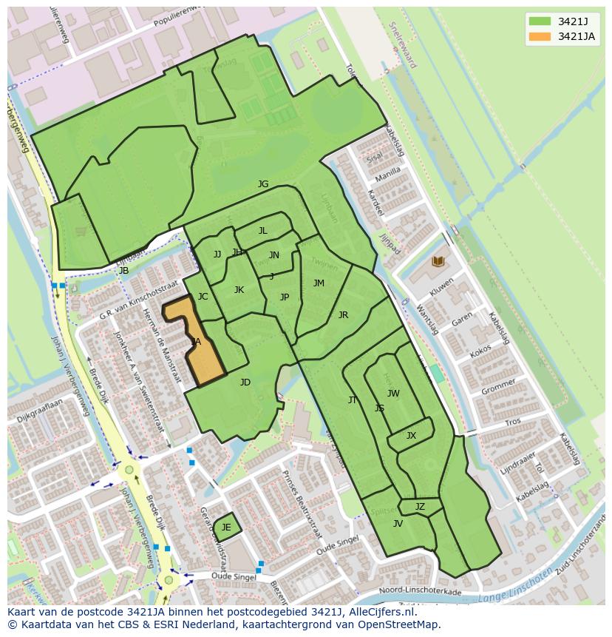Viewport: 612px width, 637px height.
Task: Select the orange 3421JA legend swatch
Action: coord(539,36)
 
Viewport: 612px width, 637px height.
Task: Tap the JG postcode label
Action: coord(263,184)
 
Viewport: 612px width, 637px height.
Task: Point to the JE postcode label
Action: coord(226,528)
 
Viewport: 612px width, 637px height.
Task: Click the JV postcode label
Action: coord(398,524)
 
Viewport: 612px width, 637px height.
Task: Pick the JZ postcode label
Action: coord(420,507)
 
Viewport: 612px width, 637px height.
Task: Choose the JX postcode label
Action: coord(411,436)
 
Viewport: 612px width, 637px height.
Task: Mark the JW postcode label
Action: coord(393,394)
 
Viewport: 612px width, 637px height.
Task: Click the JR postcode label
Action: coord(343,315)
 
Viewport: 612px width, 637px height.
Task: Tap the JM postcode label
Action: coord(319,283)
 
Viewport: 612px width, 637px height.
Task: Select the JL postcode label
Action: coord(262,231)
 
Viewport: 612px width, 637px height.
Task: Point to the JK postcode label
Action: coord(239,290)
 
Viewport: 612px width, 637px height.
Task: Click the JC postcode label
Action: coord(203,297)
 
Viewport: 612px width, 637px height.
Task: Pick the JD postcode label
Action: coord(245,382)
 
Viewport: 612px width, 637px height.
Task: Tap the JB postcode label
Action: coord(123,271)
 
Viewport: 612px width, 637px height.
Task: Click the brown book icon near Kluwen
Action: coord(438,261)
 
